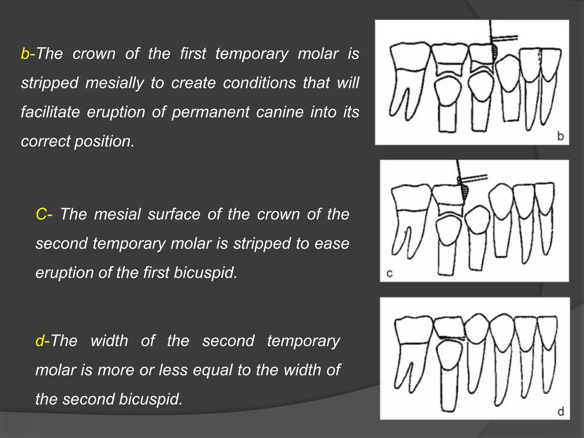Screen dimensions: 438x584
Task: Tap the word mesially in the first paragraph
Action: (x=115, y=83)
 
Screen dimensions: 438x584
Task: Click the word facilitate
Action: (x=50, y=112)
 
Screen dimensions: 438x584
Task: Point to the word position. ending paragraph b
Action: (x=104, y=141)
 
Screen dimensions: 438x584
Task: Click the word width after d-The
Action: (x=109, y=341)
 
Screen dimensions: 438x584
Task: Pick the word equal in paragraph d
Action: (x=212, y=370)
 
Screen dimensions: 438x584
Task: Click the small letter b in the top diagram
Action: (x=561, y=136)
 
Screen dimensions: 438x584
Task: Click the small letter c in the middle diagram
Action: (x=390, y=274)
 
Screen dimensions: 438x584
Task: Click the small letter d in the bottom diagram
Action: (x=561, y=412)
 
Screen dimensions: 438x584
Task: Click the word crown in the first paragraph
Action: (x=94, y=54)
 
